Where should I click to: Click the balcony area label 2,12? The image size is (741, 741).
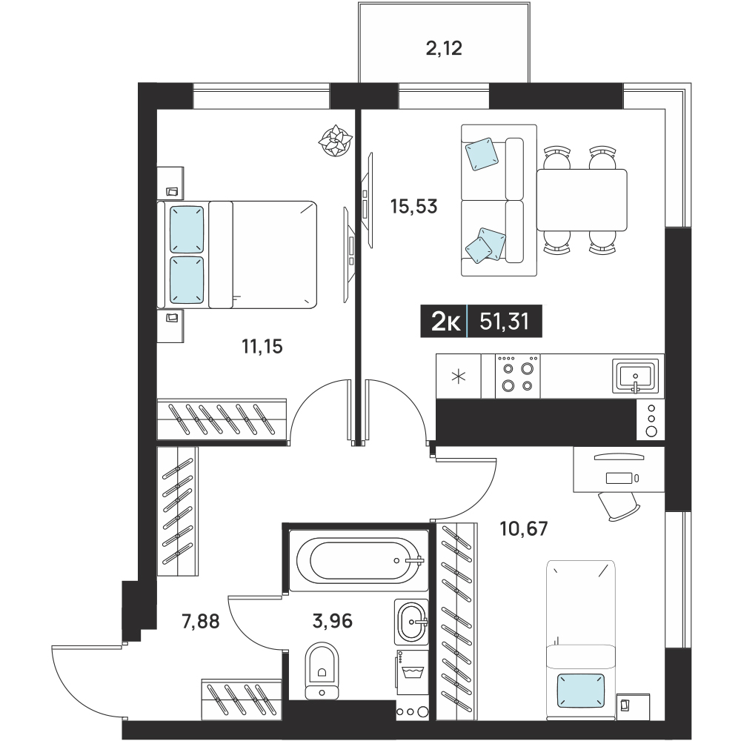click(x=444, y=48)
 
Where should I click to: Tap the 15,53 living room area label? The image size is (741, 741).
click(x=414, y=207)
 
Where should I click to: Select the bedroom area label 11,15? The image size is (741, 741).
click(x=262, y=346)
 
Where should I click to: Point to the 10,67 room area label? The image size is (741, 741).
click(x=524, y=528)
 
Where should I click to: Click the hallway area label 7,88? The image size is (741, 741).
click(x=201, y=621)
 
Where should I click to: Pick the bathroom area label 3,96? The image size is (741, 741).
click(x=333, y=620)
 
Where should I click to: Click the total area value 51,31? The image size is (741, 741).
click(x=504, y=322)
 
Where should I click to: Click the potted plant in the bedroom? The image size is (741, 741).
click(x=336, y=140)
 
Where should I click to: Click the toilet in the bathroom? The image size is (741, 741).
click(x=322, y=670)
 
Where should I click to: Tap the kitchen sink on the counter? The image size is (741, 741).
click(x=636, y=376)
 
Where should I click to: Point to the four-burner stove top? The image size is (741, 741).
click(x=517, y=376)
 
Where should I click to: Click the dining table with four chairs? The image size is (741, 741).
click(x=581, y=200)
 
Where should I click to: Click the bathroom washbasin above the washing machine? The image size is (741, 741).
click(x=411, y=622)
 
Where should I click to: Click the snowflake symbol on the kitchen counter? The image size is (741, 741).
click(x=459, y=376)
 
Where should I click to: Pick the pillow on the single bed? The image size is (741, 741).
click(x=581, y=691)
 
